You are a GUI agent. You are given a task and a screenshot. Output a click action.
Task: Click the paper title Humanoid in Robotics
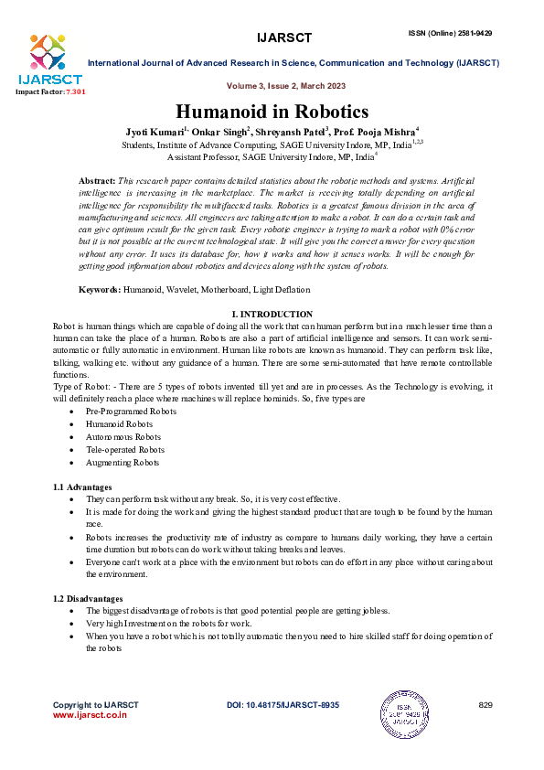pos(272,112)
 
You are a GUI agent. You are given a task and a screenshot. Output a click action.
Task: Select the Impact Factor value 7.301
pos(73,93)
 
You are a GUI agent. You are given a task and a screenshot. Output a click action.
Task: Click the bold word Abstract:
pos(97,183)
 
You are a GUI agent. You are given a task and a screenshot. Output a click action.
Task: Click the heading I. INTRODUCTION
pos(272,315)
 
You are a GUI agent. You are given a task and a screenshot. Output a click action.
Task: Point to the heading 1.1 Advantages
pos(82,487)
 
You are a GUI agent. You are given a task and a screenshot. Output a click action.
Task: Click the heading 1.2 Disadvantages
pos(88,598)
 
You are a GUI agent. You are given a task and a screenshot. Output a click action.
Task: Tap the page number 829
pos(485,705)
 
